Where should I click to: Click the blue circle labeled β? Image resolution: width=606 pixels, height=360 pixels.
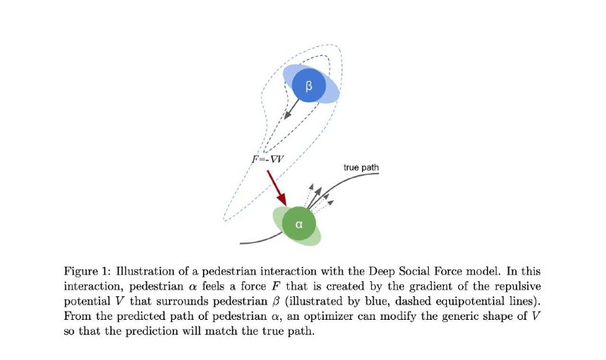coord(309,86)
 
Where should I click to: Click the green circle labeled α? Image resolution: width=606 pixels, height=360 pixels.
coord(298,224)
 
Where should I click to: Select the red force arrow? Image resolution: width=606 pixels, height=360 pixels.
coord(277,188)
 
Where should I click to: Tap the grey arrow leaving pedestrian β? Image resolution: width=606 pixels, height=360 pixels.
coord(292,109)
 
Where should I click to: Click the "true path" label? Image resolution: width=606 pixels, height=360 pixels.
coord(361,167)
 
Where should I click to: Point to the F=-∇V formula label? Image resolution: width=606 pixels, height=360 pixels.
coord(268,159)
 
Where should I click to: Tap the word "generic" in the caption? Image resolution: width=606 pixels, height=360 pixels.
coord(463,316)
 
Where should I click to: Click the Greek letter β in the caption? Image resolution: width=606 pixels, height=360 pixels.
coord(276,302)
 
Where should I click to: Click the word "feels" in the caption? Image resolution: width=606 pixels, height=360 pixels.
coord(214,286)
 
